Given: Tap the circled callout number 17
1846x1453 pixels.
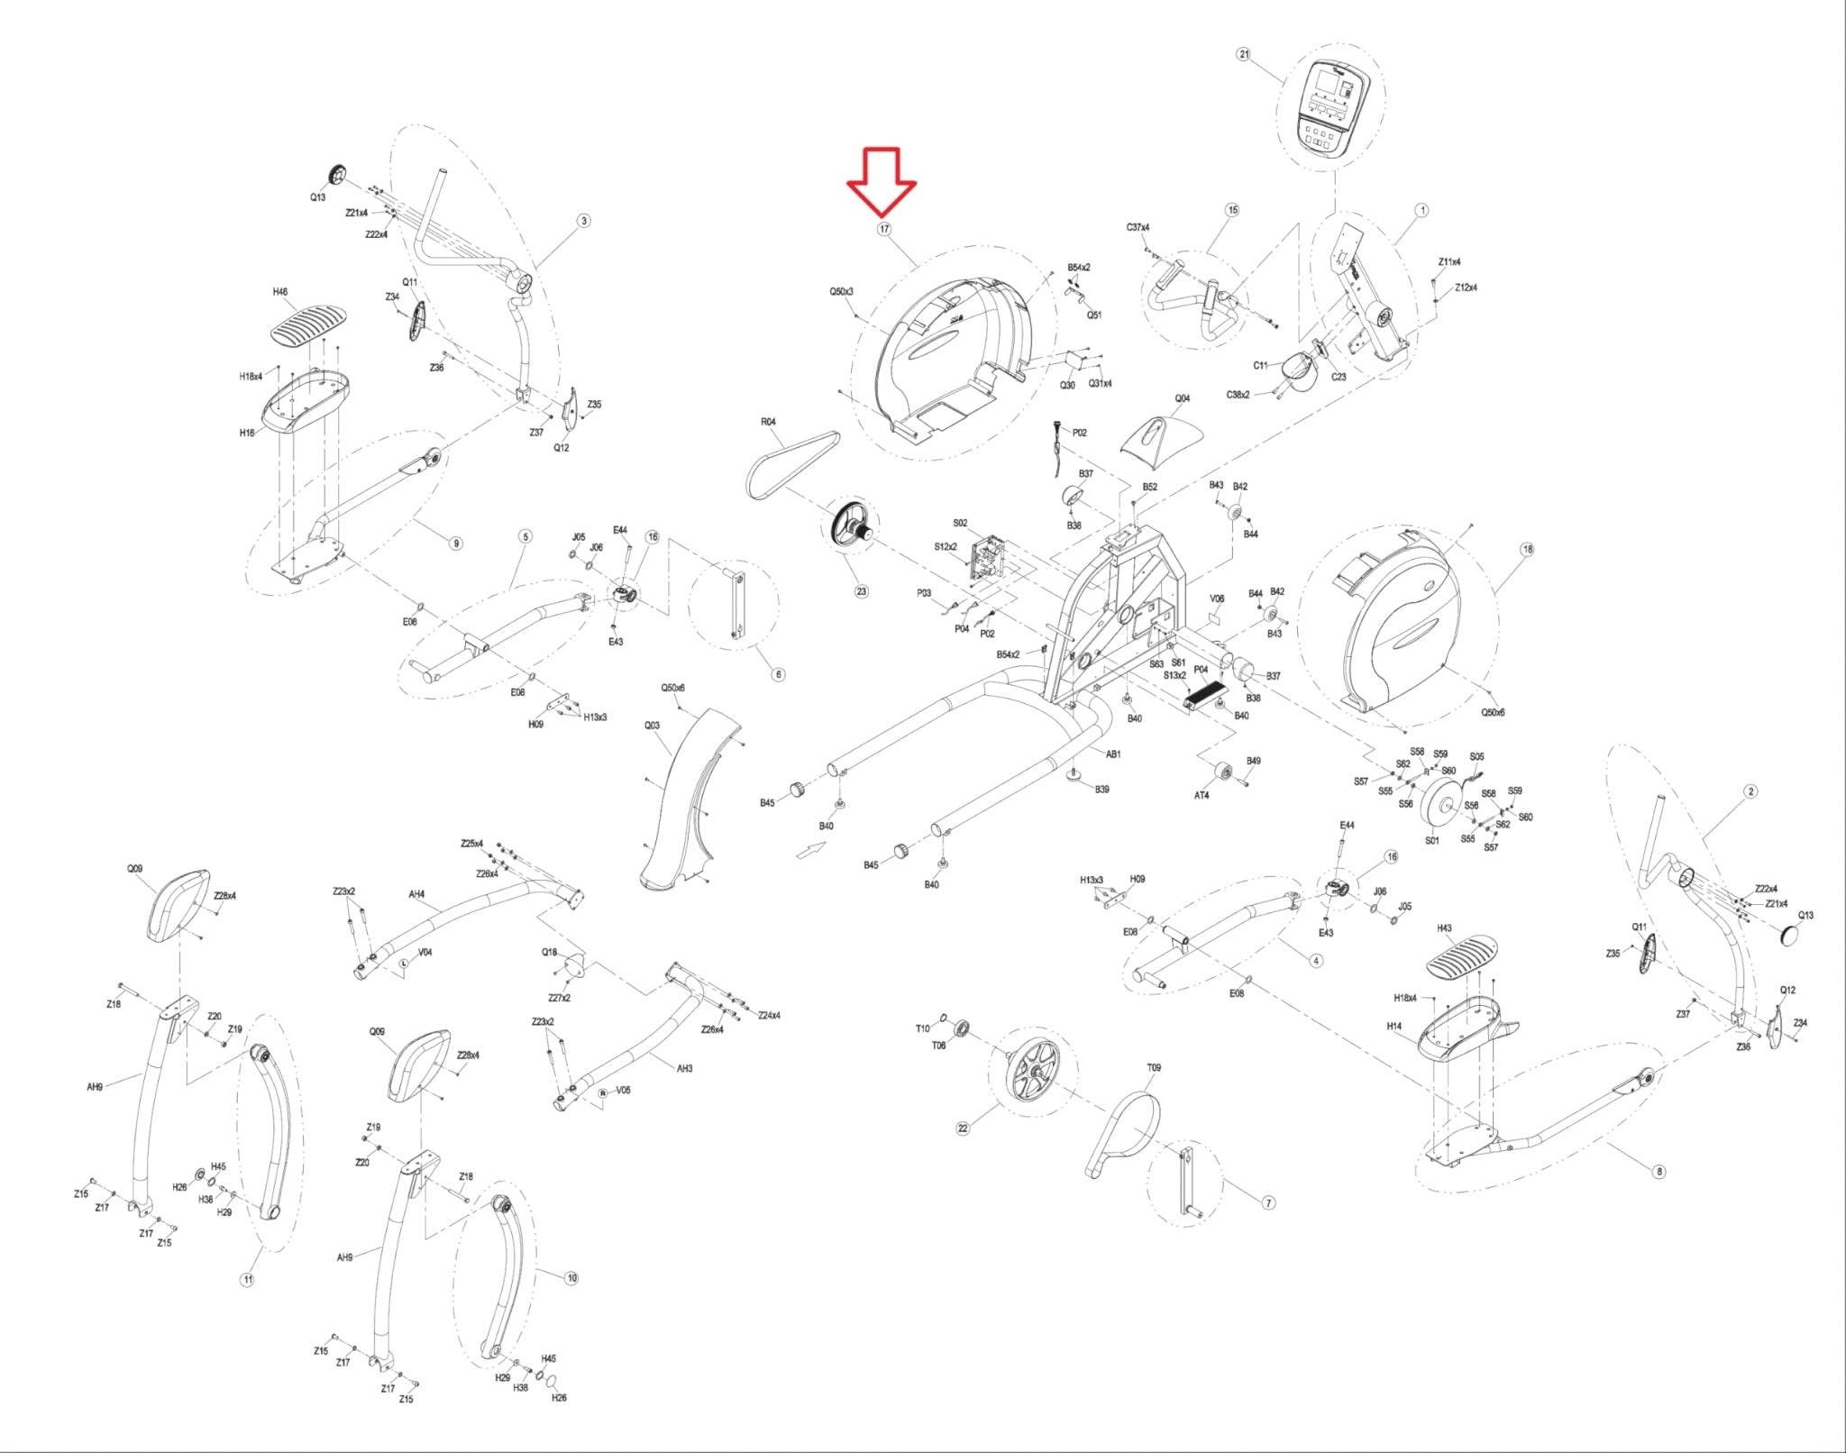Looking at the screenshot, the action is coord(884,229).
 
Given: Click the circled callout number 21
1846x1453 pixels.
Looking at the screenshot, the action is coord(1244,54).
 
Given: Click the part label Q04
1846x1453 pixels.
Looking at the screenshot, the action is coord(1182,398).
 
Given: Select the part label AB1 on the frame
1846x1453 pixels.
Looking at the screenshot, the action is coord(1113,754).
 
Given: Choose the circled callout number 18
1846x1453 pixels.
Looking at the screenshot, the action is coord(1527,549).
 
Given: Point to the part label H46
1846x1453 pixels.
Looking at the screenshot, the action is coord(280,292).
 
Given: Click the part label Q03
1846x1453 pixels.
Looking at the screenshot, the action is coord(652,726).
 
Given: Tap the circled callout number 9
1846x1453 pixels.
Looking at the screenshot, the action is coord(456,543).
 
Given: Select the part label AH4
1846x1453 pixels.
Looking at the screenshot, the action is coord(416,894).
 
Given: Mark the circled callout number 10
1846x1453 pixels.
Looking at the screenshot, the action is coord(571,1278).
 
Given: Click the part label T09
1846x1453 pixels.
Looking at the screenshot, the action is coord(1154,1067).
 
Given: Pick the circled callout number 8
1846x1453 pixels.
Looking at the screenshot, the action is coord(1659,1172).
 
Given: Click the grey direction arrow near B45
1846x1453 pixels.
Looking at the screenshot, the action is coord(811,849).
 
